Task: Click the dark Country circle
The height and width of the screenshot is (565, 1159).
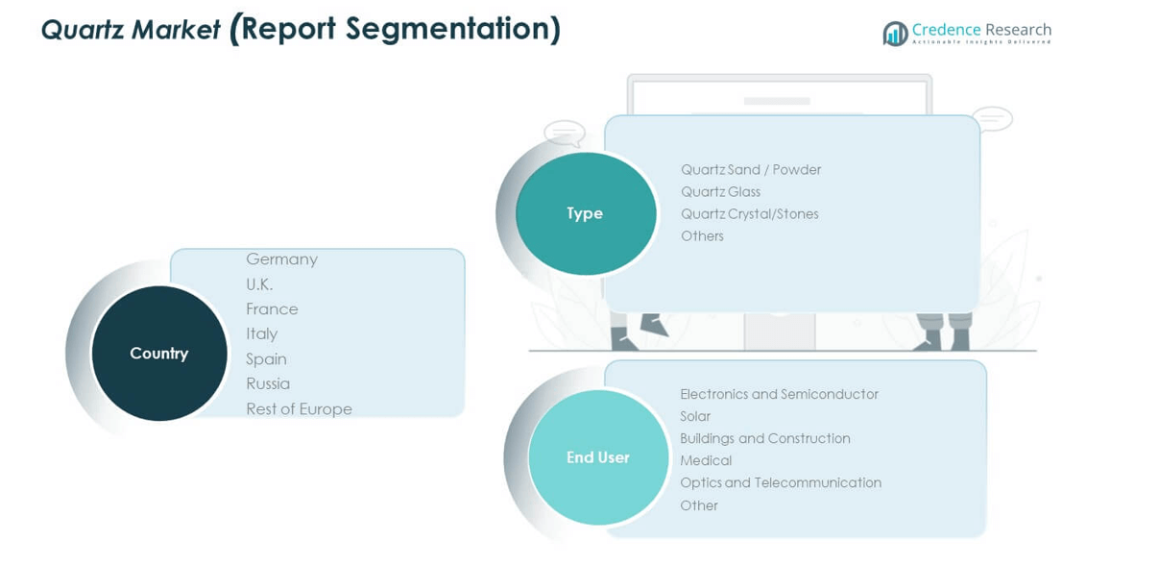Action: (x=159, y=354)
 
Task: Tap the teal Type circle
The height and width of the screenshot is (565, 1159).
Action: (x=586, y=213)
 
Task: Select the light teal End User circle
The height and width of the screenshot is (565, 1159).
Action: (x=598, y=457)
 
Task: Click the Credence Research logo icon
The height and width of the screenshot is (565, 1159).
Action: (x=895, y=34)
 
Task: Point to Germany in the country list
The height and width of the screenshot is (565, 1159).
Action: (x=281, y=259)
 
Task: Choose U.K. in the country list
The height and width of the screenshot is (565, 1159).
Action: (x=259, y=284)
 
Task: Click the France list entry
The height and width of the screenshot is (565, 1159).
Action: (x=272, y=309)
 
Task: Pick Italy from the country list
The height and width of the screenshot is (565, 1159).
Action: (x=261, y=334)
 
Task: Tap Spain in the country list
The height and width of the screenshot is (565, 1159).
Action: (x=266, y=359)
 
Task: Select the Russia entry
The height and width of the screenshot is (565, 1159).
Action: (x=268, y=384)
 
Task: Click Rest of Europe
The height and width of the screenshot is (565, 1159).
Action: (x=299, y=409)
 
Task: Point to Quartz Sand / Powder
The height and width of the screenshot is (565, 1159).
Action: (x=751, y=170)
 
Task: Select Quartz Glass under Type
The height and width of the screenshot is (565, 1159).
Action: (x=720, y=192)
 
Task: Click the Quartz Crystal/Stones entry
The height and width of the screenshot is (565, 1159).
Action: (x=749, y=214)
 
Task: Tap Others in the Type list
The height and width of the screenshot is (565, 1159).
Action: (x=702, y=236)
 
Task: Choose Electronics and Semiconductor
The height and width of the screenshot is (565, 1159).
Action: (x=779, y=395)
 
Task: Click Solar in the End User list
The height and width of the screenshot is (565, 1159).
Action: (x=695, y=417)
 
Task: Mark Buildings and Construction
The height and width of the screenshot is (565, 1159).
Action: (x=764, y=439)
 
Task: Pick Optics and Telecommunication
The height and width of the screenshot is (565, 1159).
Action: (x=780, y=483)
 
